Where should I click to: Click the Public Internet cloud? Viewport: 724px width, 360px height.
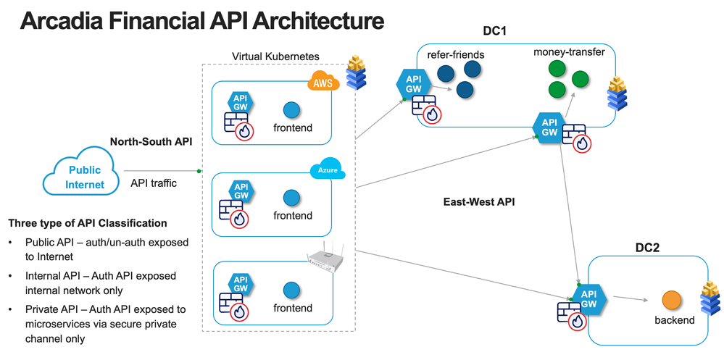[x=85, y=176]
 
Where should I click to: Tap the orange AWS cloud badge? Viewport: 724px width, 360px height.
[x=322, y=83]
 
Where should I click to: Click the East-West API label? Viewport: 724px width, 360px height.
[x=479, y=202]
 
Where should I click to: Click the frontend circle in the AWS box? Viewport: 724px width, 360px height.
[x=291, y=109]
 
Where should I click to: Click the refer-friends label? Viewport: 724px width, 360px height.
[x=456, y=54]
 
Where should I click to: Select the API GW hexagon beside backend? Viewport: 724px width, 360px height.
[x=589, y=298]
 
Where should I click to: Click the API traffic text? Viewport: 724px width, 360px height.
[x=154, y=183]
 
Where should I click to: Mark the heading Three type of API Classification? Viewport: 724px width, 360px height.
[x=87, y=223]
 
